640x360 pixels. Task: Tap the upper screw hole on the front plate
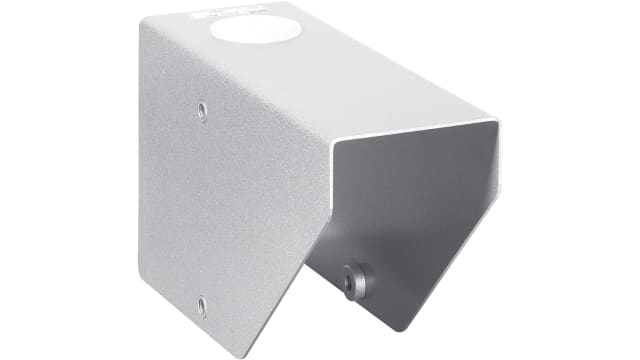203,109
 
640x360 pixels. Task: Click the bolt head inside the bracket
353,280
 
